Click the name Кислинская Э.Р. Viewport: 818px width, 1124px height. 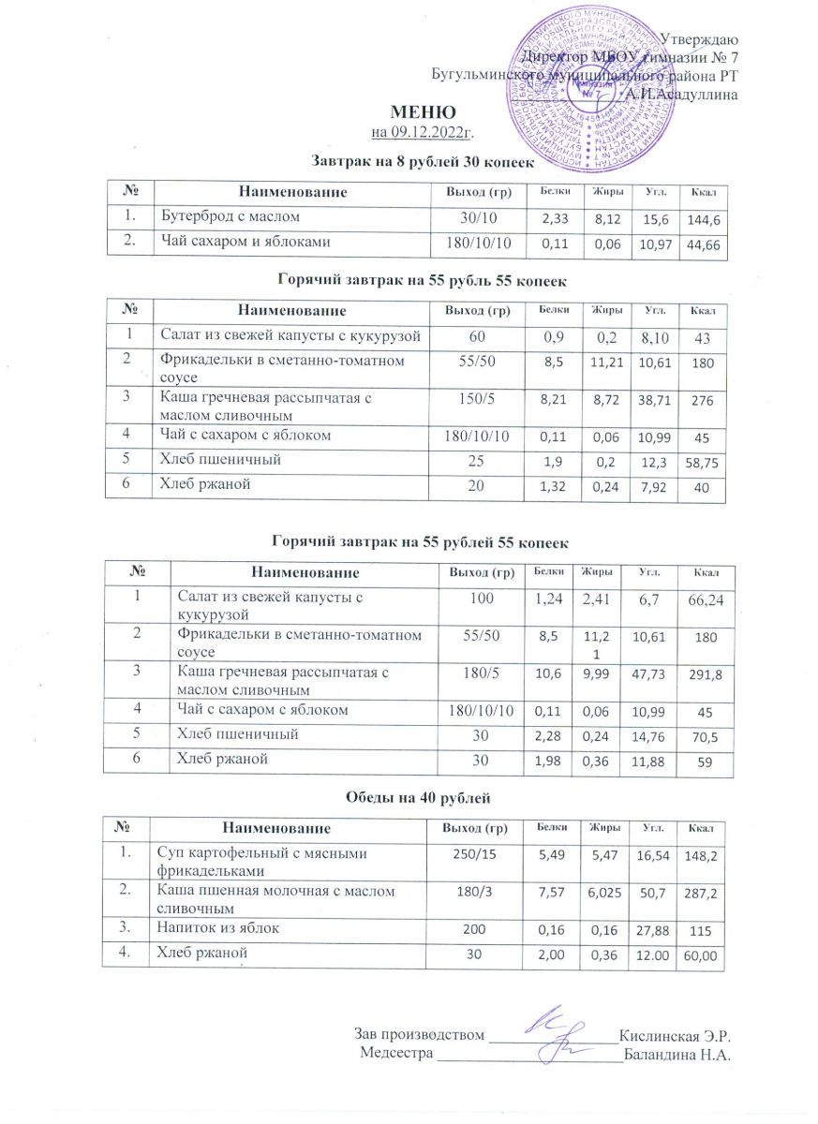coord(675,1037)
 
